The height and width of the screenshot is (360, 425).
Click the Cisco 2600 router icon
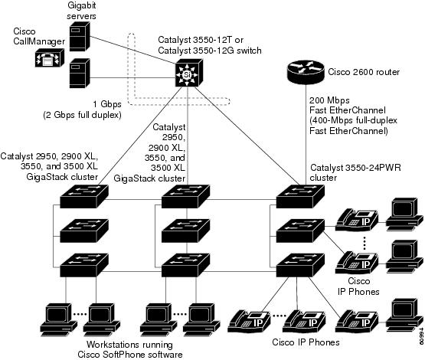[306, 72]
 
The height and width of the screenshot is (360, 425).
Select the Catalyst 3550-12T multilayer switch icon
[189, 74]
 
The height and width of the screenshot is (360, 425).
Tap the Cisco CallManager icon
[50, 57]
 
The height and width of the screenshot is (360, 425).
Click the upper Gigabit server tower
[80, 36]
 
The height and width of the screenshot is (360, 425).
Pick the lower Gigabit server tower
[80, 74]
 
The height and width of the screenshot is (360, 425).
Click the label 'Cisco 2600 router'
[364, 72]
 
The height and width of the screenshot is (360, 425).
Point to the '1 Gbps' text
[107, 104]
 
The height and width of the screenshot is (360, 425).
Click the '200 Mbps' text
[329, 100]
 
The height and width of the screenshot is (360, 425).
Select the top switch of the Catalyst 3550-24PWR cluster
[300, 197]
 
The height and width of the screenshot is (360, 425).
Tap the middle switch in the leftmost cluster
[84, 231]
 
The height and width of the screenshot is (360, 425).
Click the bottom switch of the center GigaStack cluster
[185, 265]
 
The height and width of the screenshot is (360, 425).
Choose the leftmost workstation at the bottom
[58, 320]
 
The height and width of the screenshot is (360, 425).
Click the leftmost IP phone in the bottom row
[249, 322]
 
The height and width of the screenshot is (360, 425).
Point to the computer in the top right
[404, 212]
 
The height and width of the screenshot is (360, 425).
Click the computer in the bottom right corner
[404, 313]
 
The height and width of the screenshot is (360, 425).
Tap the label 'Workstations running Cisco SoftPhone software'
[130, 349]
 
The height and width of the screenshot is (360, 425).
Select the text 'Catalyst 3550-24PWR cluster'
[355, 172]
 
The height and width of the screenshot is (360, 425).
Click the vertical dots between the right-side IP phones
[365, 243]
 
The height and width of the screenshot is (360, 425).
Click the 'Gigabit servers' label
[81, 11]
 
